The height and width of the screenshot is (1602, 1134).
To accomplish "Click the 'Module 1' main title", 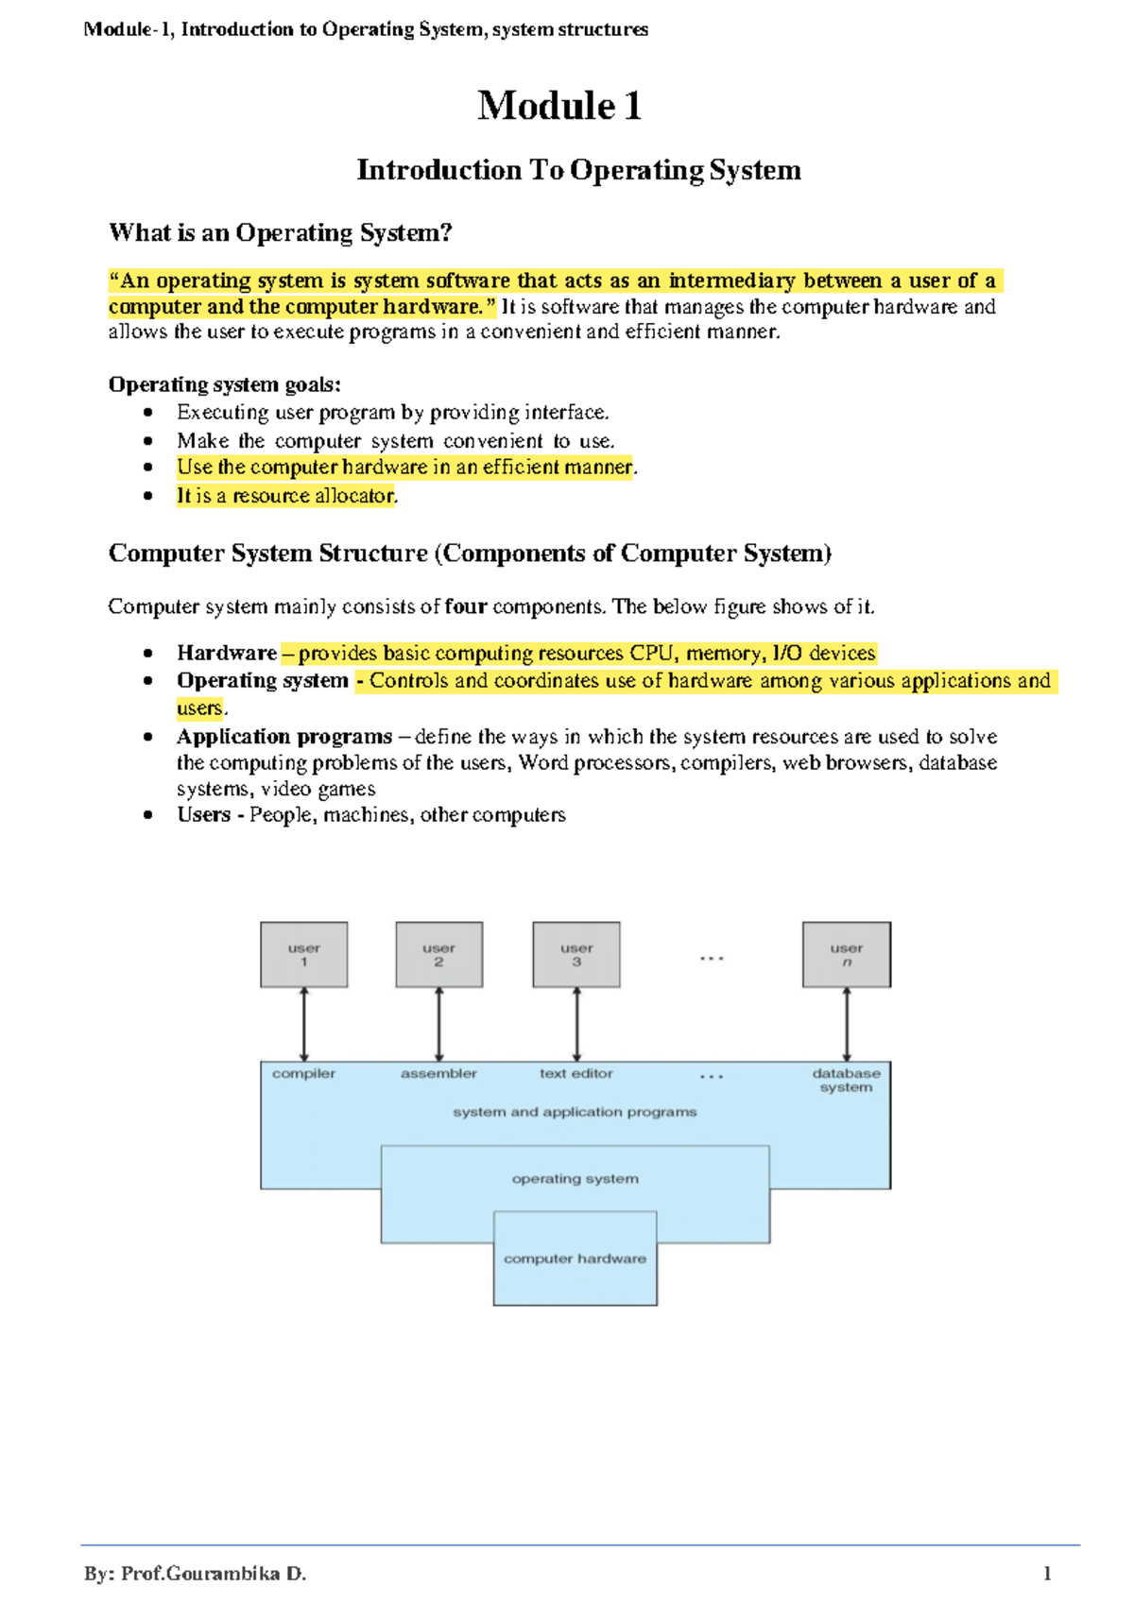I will tap(559, 105).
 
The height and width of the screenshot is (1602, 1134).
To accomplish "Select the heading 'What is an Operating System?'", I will tap(281, 232).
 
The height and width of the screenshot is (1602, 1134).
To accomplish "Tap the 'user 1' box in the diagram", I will tap(303, 954).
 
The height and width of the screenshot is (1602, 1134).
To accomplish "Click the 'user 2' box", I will tap(438, 954).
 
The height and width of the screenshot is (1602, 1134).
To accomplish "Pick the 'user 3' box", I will tap(576, 954).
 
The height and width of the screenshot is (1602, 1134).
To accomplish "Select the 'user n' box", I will tap(846, 954).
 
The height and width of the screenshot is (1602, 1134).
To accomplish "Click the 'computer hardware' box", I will tap(575, 1258).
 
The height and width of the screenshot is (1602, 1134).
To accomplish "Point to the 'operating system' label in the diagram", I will tap(575, 1179).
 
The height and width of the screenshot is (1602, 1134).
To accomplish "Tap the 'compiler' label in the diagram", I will tap(303, 1074).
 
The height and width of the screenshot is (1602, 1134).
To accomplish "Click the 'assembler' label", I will tap(438, 1074).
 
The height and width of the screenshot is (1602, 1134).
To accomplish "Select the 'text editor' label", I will tap(576, 1074).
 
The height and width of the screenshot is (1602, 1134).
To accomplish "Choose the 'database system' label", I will tap(846, 1081).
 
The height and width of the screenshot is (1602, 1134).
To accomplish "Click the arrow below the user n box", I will tap(846, 1025).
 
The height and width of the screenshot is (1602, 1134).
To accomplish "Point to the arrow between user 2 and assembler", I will tap(438, 1025).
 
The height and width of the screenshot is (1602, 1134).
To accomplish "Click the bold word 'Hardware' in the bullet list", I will tap(227, 653).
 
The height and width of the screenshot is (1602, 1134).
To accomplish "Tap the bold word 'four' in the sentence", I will tap(465, 606).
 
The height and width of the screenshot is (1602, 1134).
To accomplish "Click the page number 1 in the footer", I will tap(1047, 1574).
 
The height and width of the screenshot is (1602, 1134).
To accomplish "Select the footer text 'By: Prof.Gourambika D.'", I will tap(195, 1574).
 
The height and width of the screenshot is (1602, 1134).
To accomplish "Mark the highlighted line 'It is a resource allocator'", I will tap(285, 496).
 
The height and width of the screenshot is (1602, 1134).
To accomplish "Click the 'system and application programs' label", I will tap(575, 1113).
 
